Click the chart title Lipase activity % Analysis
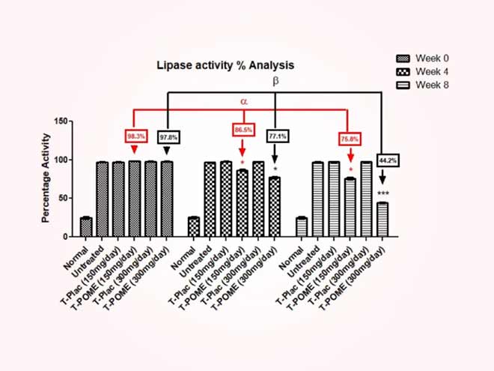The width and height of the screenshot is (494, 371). [220, 66]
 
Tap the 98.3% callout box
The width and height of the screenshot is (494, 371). [135, 136]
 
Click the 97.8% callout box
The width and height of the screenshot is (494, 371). [167, 136]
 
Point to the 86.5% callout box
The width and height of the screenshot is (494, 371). [243, 130]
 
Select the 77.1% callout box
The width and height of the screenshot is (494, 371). [275, 136]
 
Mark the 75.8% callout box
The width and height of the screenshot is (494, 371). [349, 139]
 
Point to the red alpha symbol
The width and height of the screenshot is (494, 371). [243, 100]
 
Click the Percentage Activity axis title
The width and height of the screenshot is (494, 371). [46, 178]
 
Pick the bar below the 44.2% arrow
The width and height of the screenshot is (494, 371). [382, 220]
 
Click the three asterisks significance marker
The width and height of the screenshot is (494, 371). [382, 195]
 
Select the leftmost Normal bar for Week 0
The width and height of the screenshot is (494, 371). [86, 227]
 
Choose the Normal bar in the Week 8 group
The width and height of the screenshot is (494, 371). [302, 227]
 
